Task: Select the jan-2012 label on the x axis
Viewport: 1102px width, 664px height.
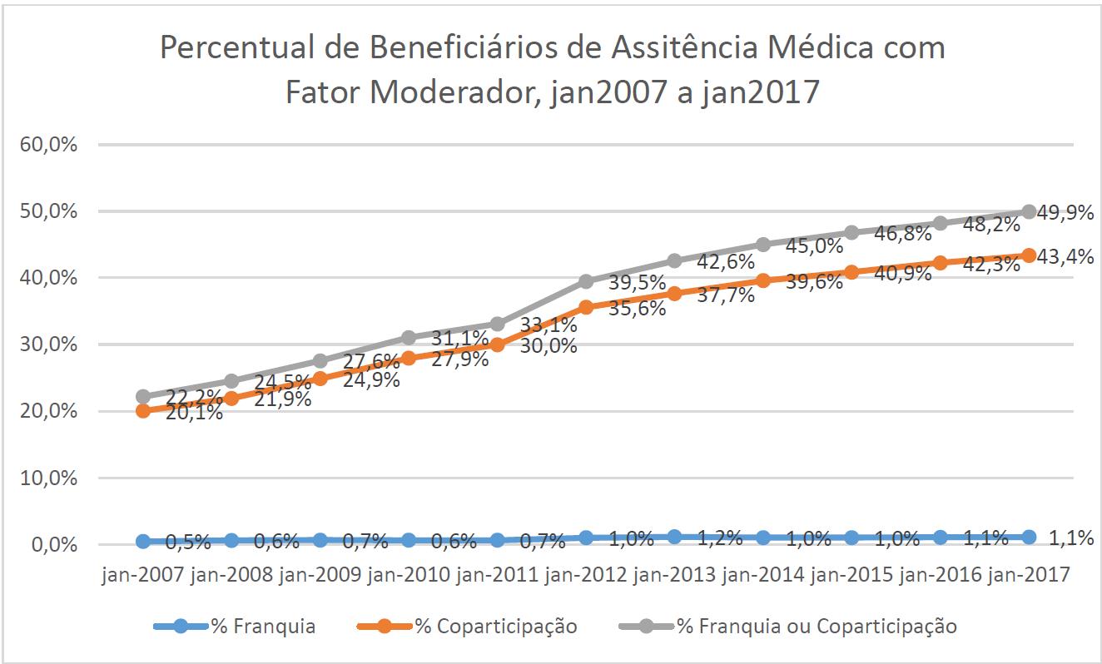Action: pyautogui.click(x=585, y=576)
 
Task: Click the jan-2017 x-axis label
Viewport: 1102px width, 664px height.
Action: pyautogui.click(x=1028, y=576)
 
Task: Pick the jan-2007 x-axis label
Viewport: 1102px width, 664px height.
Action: pyautogui.click(x=143, y=576)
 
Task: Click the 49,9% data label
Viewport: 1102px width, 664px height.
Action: pyautogui.click(x=1066, y=213)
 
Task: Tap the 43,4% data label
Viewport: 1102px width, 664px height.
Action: pyautogui.click(x=1066, y=257)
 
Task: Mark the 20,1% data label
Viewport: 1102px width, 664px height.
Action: pyautogui.click(x=193, y=412)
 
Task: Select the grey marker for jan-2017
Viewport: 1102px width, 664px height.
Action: pyautogui.click(x=1029, y=211)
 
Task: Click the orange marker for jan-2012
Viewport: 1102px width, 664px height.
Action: pyautogui.click(x=586, y=307)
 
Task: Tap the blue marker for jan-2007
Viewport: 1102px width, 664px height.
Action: pyautogui.click(x=143, y=542)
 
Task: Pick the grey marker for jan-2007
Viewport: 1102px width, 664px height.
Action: pyautogui.click(x=143, y=397)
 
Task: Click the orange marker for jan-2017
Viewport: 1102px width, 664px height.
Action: pyautogui.click(x=1029, y=255)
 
